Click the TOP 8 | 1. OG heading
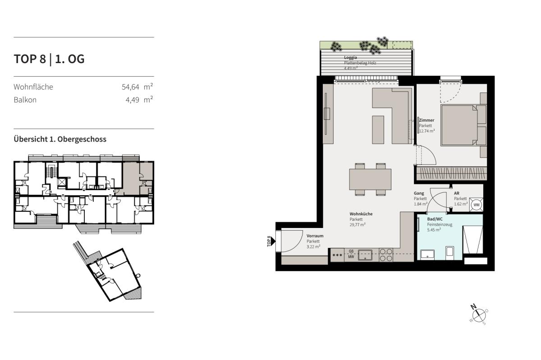point(49,59)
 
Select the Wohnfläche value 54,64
point(130,87)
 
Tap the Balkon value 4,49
point(133,100)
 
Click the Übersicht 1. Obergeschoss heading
point(60,139)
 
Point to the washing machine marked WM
point(476,205)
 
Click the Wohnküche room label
point(361,214)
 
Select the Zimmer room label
point(426,120)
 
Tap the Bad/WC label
point(435,219)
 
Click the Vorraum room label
point(315,236)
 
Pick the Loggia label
point(350,58)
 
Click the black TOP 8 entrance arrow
point(273,241)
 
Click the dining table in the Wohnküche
point(370,179)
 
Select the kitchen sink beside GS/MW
point(365,255)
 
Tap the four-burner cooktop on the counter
point(386,255)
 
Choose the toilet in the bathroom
point(449,252)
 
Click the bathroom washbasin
point(427,255)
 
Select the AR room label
point(456,193)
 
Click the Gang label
point(419,193)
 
